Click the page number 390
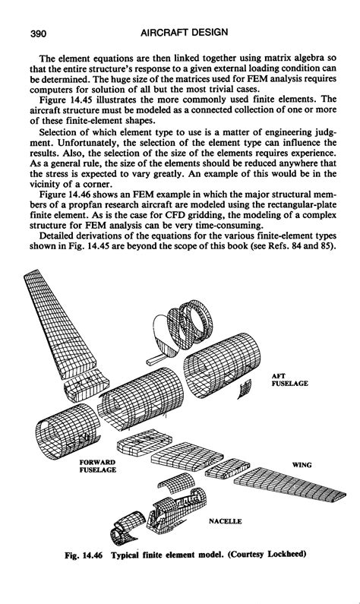38,33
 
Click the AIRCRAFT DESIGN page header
184,33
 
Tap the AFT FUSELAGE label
289,380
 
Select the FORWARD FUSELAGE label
98,466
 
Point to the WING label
302,465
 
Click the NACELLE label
226,521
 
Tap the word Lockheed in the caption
287,555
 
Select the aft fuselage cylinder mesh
222,365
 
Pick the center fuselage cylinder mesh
141,399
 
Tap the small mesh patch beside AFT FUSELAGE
245,388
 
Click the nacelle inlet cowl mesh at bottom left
126,528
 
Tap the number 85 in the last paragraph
326,245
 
